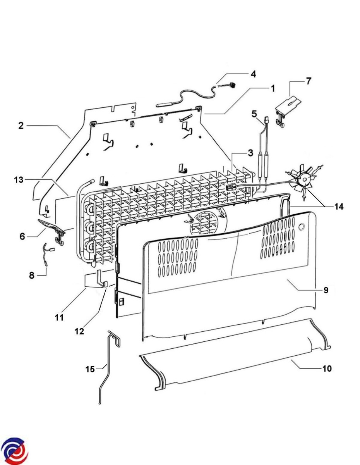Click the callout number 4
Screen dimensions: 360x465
point(253,74)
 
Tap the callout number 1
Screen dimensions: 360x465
point(273,89)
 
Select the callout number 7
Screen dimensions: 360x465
point(309,81)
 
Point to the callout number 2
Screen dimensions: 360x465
point(21,126)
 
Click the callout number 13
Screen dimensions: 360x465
point(19,180)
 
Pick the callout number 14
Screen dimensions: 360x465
point(339,207)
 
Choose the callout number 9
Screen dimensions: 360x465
point(326,290)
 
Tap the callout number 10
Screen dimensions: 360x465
point(327,369)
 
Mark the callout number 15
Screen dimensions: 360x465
point(90,369)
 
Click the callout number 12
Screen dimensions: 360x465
point(79,331)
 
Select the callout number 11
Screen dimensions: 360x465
point(59,318)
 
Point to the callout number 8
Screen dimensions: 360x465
point(32,275)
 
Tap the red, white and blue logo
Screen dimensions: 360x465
point(14,451)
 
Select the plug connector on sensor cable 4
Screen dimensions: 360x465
point(232,85)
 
